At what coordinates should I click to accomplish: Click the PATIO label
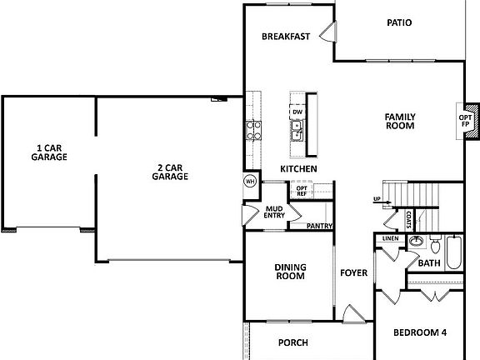pos(399,22)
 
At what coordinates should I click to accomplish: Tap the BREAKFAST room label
pos(286,37)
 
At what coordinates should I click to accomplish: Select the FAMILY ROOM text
pos(400,121)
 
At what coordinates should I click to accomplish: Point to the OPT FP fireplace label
pos(464,122)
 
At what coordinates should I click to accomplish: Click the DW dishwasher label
pos(297,112)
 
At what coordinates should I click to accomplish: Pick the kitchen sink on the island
pos(297,129)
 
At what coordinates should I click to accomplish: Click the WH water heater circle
pos(249,182)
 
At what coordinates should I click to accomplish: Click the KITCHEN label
pos(298,169)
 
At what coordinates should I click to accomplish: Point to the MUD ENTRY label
pos(275,212)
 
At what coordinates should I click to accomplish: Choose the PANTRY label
pos(320,226)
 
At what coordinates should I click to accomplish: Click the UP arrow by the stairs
pos(377,199)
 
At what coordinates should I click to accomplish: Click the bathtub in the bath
pos(453,252)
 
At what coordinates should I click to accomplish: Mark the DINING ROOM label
pos(291,272)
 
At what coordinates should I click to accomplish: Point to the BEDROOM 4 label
pos(420,333)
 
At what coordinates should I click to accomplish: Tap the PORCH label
pos(293,342)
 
